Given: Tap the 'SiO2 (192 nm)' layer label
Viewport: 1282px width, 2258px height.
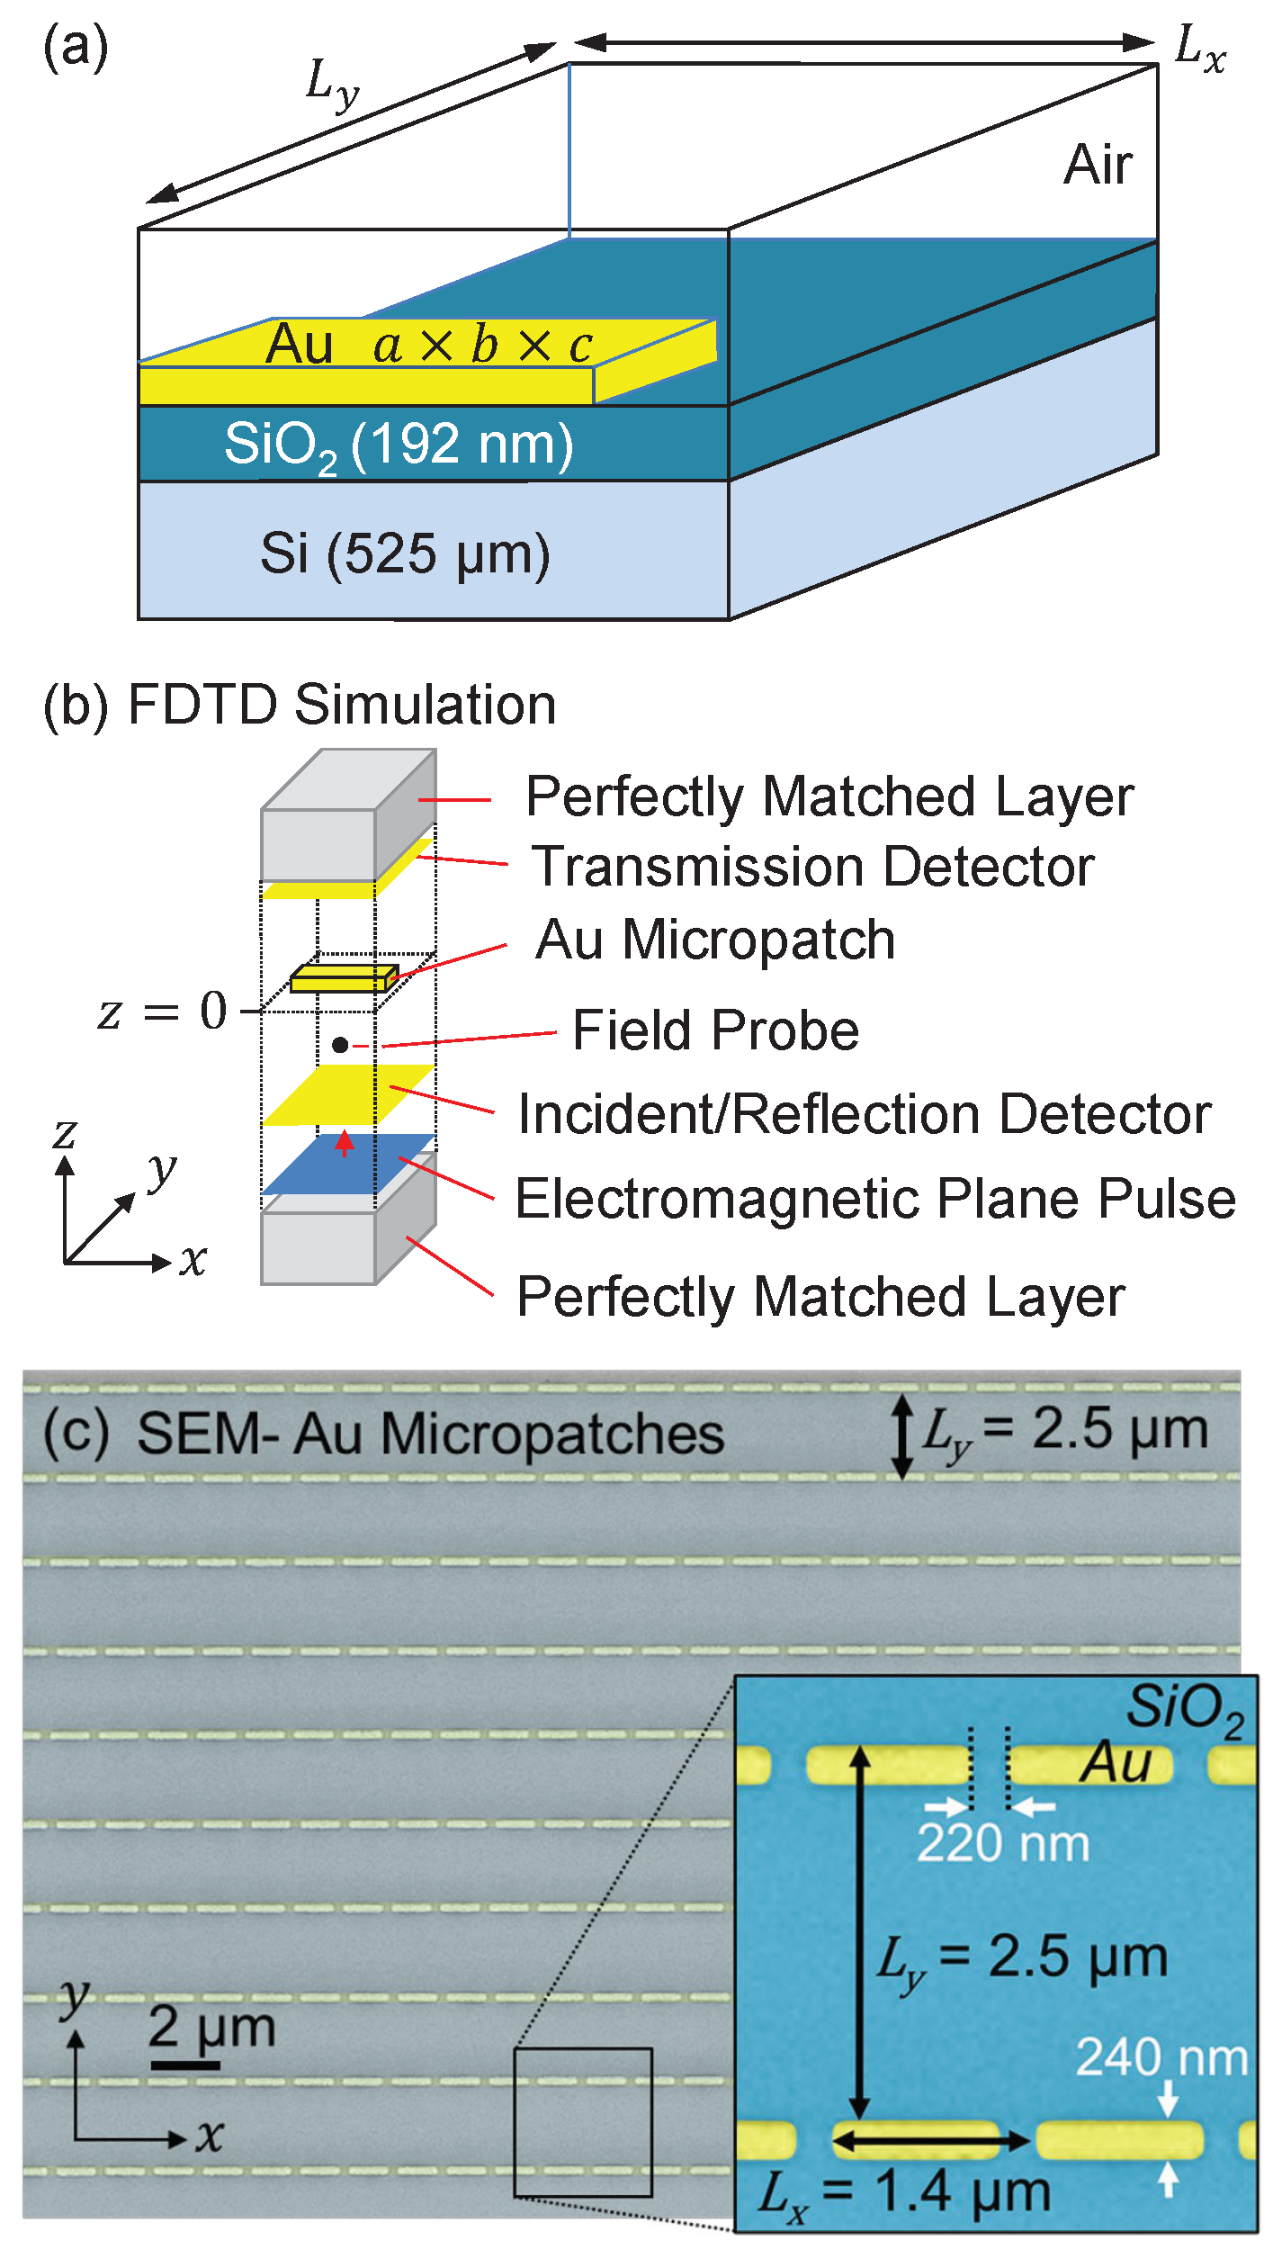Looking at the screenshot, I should [x=399, y=445].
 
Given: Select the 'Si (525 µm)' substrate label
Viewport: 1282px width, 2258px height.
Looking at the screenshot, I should [x=405, y=553].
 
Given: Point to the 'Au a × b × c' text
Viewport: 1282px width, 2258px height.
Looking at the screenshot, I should [x=428, y=345].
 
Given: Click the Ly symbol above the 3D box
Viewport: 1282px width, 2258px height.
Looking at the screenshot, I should [x=332, y=85].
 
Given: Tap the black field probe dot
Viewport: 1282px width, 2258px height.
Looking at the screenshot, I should [x=340, y=1045].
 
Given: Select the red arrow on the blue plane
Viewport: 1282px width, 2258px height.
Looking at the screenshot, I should [x=344, y=1143].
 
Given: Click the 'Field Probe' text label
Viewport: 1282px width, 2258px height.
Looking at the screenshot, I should [x=715, y=1030].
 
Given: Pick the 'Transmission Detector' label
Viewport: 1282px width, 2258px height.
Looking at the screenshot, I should [x=812, y=868].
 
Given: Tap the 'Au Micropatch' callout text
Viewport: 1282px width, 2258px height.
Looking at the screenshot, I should [x=715, y=940].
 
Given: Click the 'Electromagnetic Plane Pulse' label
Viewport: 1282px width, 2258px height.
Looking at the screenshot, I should [x=874, y=1200].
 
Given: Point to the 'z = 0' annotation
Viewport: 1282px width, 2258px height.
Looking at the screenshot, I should [x=163, y=1011].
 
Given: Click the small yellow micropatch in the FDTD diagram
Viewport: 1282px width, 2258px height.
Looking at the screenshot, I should [x=343, y=979].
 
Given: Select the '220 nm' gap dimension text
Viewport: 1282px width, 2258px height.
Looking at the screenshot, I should [x=1002, y=1844].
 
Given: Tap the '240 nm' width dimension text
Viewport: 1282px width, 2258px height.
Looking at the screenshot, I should [x=1161, y=2057].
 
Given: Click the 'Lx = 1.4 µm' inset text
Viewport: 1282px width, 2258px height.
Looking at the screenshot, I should [x=904, y=2191].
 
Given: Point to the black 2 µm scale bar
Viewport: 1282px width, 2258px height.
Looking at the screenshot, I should [x=185, y=2065].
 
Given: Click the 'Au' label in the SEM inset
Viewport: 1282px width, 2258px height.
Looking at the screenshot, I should [x=1116, y=1762].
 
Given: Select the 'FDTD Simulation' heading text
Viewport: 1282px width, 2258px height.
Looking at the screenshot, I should [x=342, y=705].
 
